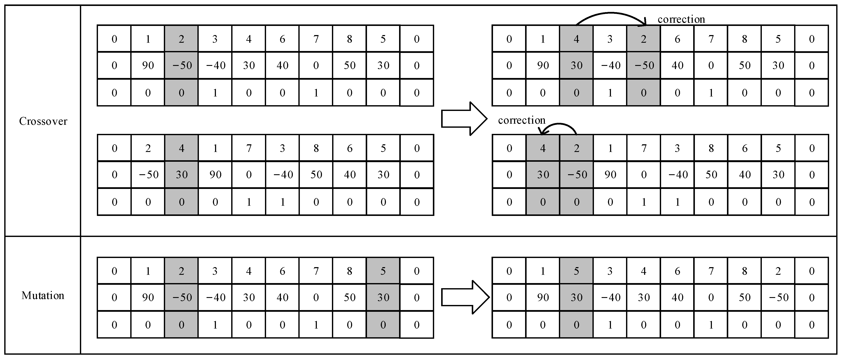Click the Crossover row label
(x=43, y=121)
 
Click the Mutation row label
(x=43, y=296)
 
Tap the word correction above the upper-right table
(x=681, y=20)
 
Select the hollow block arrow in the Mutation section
(x=465, y=297)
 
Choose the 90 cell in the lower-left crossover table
(x=215, y=175)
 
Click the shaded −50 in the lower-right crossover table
(x=577, y=175)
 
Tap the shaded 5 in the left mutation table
(x=383, y=271)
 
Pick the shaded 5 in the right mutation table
(x=576, y=271)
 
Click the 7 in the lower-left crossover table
(x=249, y=148)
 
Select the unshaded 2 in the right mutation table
(x=778, y=271)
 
